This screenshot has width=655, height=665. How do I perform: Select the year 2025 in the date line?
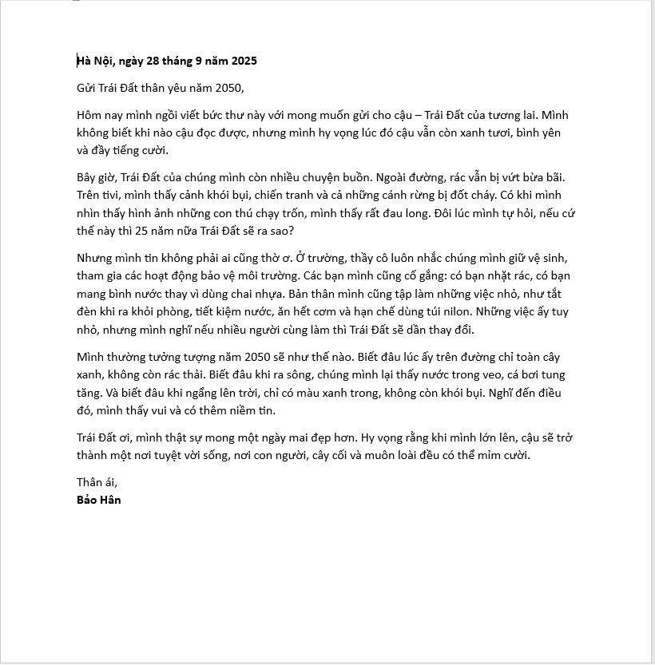pos(242,61)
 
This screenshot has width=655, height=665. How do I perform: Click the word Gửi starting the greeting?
pos(87,88)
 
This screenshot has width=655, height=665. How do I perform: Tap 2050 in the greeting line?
pos(227,88)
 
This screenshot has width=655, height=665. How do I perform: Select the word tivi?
pos(121,194)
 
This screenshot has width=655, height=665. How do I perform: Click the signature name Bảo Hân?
pos(99,500)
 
